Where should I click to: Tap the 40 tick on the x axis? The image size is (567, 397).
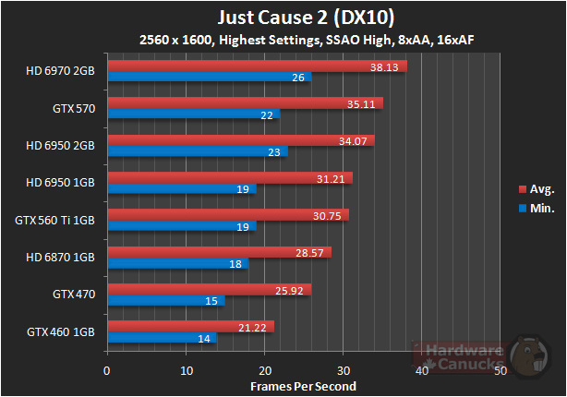coord(422,370)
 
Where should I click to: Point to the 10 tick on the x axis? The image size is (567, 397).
coord(187,370)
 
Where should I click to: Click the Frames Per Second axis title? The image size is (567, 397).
coord(303,385)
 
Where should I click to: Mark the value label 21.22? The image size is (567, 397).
coord(256,327)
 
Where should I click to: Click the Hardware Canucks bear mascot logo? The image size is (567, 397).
coord(533,355)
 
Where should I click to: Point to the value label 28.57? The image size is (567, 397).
coord(313,252)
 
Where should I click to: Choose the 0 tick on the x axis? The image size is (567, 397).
coord(108,370)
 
